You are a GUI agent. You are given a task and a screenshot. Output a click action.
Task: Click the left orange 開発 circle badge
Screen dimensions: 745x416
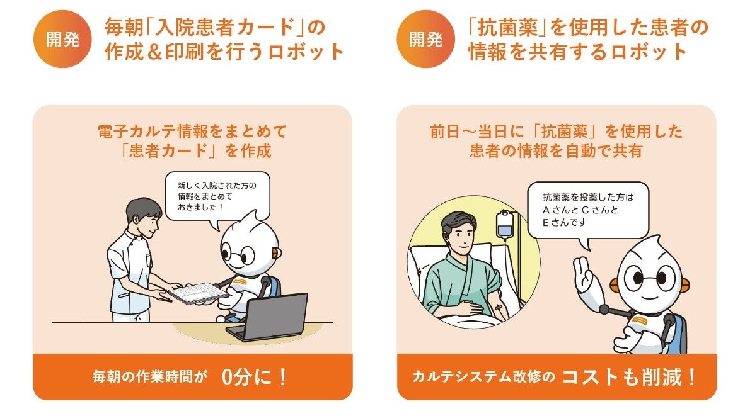coord(62,40)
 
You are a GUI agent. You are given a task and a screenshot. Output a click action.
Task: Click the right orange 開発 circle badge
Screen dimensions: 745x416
coord(425,40)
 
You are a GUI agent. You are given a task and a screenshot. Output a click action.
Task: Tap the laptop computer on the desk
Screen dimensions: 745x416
coord(268,317)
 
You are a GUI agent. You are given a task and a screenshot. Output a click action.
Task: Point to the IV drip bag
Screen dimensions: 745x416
coord(505,225)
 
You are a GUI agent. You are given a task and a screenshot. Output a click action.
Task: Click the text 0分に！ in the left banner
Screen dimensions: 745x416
coord(254,377)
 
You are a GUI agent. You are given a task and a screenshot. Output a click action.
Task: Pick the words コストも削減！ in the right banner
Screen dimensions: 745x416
coord(628,377)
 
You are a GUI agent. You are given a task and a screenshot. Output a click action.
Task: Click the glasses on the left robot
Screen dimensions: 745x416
coord(241,256)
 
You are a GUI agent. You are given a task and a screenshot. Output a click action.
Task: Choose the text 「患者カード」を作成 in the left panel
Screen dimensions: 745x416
coord(194,151)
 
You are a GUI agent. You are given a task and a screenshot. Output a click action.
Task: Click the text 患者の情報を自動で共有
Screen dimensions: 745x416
coord(556,151)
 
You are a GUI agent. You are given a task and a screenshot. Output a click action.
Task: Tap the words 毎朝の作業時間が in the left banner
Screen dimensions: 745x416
coord(149,377)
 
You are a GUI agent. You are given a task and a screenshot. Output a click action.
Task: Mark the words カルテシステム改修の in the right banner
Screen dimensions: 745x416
coord(483,377)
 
